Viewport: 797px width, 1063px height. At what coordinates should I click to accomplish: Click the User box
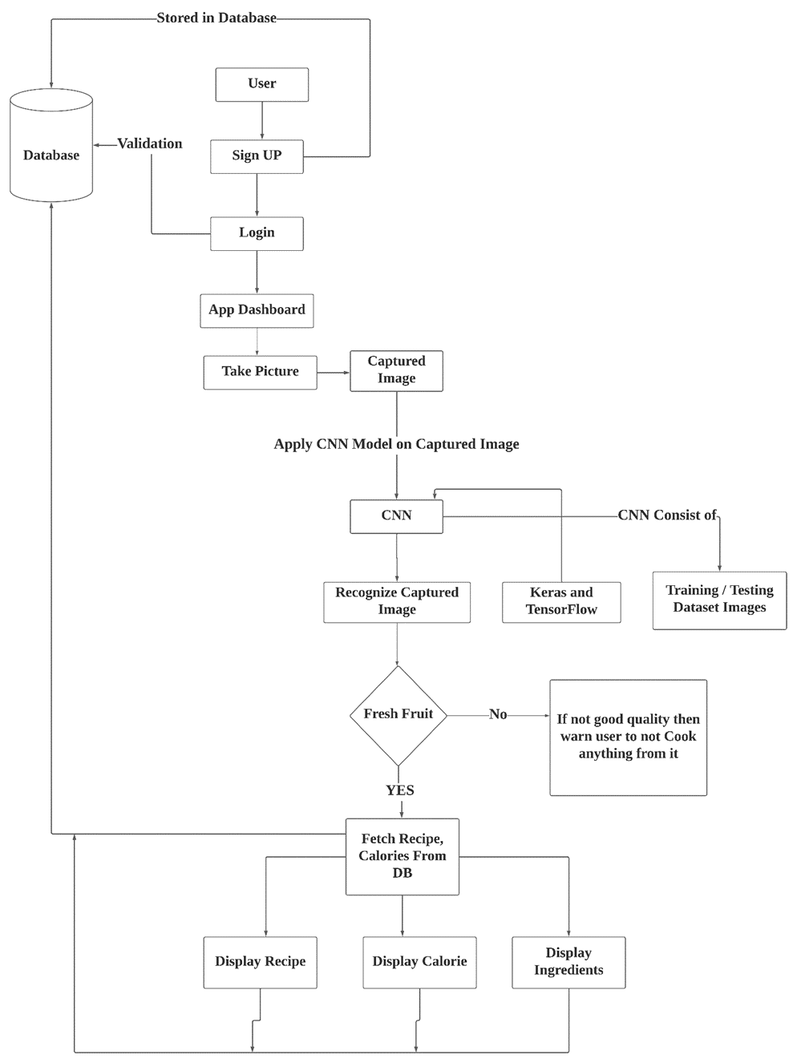pyautogui.click(x=261, y=84)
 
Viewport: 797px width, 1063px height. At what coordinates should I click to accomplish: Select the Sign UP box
pyautogui.click(x=257, y=156)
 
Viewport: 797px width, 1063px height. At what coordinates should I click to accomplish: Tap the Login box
pyautogui.click(x=257, y=233)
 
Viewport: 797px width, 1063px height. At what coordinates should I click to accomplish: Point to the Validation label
pyautogui.click(x=150, y=144)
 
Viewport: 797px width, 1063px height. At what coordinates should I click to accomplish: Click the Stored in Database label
pyautogui.click(x=216, y=18)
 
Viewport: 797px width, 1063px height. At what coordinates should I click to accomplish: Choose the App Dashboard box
pyautogui.click(x=257, y=310)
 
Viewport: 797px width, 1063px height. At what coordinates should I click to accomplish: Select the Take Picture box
pyautogui.click(x=260, y=372)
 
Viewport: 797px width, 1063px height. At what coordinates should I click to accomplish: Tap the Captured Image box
pyautogui.click(x=396, y=370)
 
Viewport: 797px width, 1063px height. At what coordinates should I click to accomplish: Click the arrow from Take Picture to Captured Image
pyautogui.click(x=334, y=372)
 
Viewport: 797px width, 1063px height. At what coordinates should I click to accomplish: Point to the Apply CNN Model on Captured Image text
pyautogui.click(x=396, y=444)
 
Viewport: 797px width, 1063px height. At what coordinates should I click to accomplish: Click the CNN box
pyautogui.click(x=396, y=516)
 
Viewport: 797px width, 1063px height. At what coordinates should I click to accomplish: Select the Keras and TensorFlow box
pyautogui.click(x=561, y=602)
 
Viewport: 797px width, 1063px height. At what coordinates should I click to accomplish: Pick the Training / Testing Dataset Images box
pyautogui.click(x=719, y=600)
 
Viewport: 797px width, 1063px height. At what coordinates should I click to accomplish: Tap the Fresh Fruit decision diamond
pyautogui.click(x=398, y=714)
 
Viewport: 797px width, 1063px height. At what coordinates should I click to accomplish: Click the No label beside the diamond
pyautogui.click(x=498, y=714)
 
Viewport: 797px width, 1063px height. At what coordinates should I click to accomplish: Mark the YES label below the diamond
pyautogui.click(x=400, y=790)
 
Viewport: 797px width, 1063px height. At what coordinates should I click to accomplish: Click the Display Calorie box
pyautogui.click(x=419, y=962)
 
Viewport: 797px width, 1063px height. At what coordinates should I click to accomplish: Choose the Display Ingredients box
pyautogui.click(x=568, y=962)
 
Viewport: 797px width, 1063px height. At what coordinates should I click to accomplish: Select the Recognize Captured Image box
pyautogui.click(x=397, y=602)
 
